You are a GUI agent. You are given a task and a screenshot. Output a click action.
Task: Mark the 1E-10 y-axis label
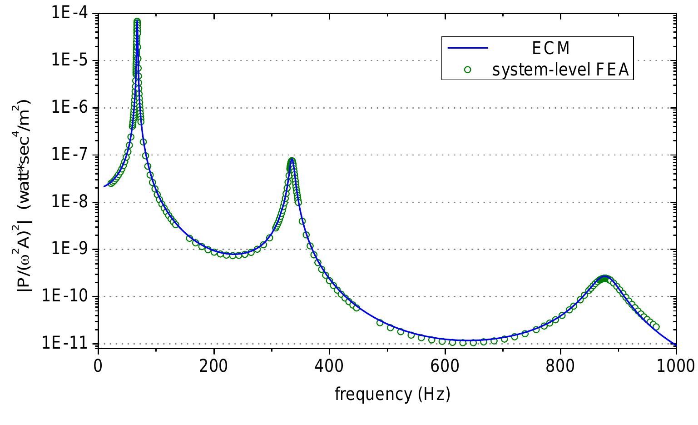point(69,297)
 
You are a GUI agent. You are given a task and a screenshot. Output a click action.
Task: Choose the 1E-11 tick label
point(69,343)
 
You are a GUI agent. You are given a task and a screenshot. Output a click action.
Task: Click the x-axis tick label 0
point(98,366)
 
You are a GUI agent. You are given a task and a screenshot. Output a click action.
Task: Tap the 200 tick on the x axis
point(213,366)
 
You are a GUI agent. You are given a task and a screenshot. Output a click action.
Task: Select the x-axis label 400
point(329,366)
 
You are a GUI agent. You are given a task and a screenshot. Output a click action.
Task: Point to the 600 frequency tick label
point(445,366)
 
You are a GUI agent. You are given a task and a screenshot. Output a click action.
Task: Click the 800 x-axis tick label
point(560,366)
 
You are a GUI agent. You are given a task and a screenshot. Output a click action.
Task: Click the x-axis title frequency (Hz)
point(392,393)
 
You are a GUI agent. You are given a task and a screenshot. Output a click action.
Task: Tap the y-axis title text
point(25,181)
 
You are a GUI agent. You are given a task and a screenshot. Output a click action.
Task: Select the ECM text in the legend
point(551,48)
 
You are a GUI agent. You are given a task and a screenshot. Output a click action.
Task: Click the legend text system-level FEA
point(560,70)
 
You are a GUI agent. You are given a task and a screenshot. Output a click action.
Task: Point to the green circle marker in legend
point(468,70)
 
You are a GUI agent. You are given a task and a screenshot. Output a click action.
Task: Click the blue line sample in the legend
point(468,48)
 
